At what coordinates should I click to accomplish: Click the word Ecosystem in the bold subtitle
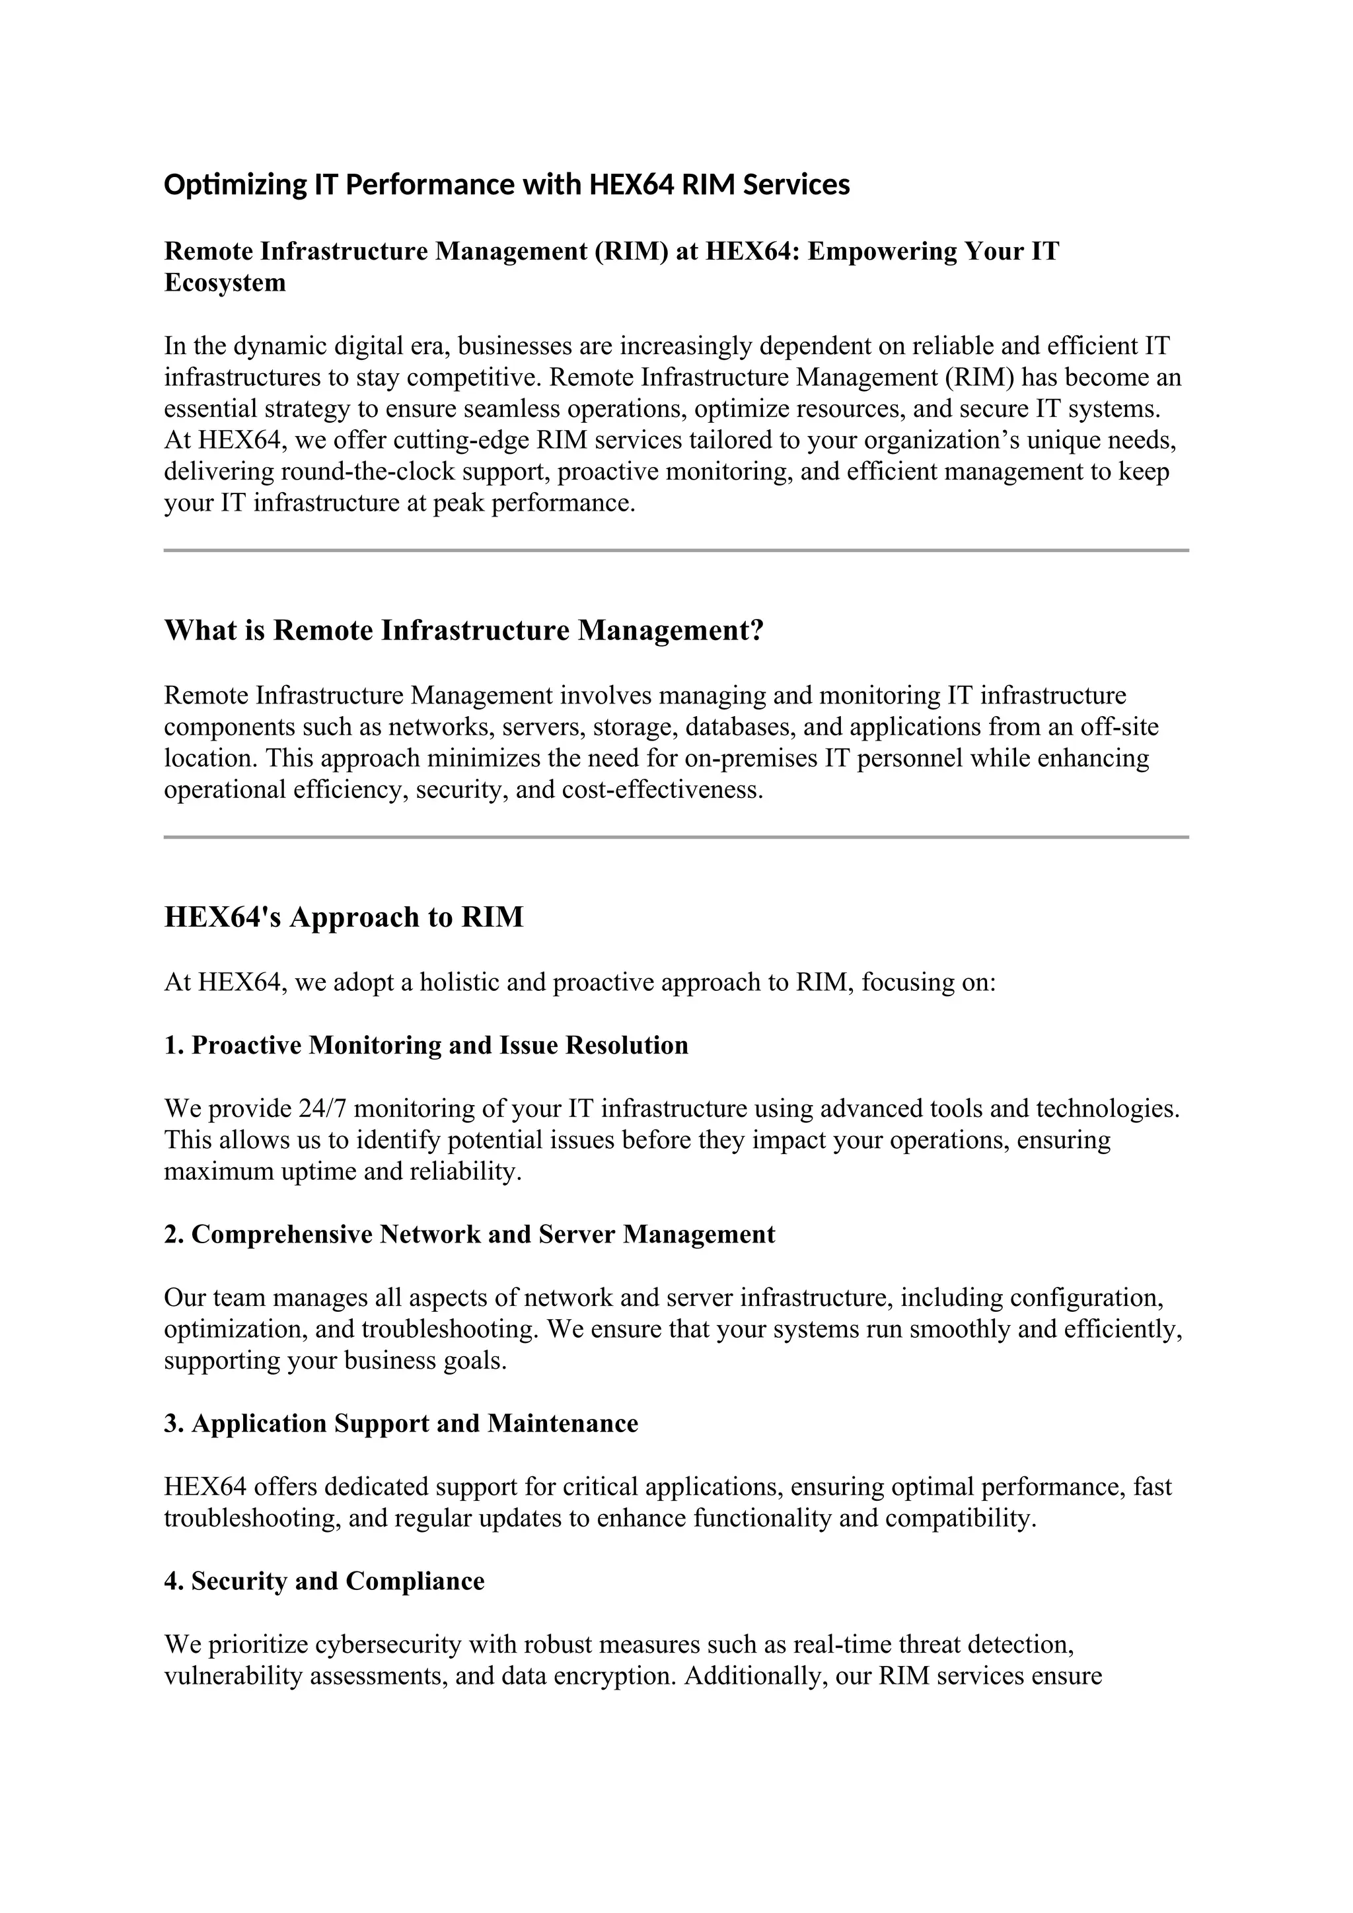pyautogui.click(x=225, y=283)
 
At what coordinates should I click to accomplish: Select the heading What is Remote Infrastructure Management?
pyautogui.click(x=463, y=630)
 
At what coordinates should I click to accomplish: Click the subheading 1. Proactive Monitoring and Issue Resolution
pyautogui.click(x=425, y=1045)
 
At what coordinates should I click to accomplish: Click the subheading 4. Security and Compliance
pyautogui.click(x=324, y=1581)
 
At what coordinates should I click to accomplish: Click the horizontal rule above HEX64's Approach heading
pyautogui.click(x=676, y=836)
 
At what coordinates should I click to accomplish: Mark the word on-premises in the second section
pyautogui.click(x=750, y=758)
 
